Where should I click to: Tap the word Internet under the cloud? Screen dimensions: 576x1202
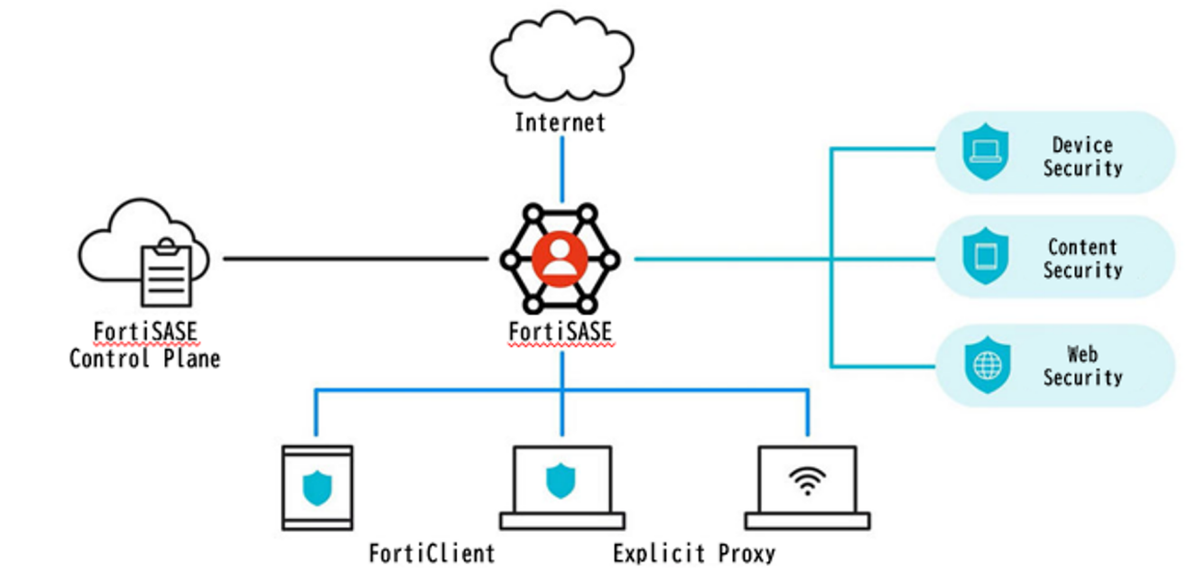pyautogui.click(x=561, y=123)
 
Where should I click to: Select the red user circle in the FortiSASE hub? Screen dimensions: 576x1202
pyautogui.click(x=561, y=258)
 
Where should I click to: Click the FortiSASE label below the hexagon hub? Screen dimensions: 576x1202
pyautogui.click(x=561, y=333)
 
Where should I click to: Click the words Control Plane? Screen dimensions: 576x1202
pyautogui.click(x=145, y=358)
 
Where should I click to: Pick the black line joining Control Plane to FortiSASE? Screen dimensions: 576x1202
pyautogui.click(x=357, y=258)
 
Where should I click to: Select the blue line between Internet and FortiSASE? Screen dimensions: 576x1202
pyautogui.click(x=562, y=169)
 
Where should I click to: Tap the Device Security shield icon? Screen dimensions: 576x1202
pyautogui.click(x=985, y=154)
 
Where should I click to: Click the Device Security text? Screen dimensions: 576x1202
pyautogui.click(x=1082, y=157)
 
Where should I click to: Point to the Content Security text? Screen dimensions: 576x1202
pyautogui.click(x=1082, y=259)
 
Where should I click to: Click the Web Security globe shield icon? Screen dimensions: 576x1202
pyautogui.click(x=987, y=365)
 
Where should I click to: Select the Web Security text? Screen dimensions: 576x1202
pyautogui.click(x=1082, y=366)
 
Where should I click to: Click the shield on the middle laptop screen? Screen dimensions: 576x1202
pyautogui.click(x=561, y=480)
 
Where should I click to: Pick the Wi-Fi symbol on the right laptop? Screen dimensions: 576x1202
pyautogui.click(x=806, y=480)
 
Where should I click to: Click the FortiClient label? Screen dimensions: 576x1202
pyautogui.click(x=431, y=553)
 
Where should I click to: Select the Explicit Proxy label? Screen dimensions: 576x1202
pyautogui.click(x=695, y=553)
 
